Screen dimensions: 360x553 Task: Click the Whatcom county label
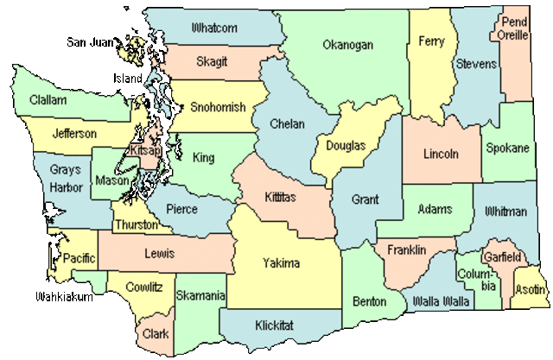[x=214, y=28]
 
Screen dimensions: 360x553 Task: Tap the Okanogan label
[x=347, y=45]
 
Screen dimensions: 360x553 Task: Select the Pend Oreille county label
[x=514, y=28]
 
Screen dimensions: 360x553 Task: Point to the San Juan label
[x=90, y=41]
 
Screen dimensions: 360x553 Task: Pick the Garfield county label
[x=502, y=257]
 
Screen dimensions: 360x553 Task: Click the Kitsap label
[x=143, y=150]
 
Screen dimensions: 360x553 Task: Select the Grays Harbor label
[x=66, y=179]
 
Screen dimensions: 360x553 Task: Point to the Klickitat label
[x=275, y=325]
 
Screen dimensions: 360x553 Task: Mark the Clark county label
[x=156, y=332]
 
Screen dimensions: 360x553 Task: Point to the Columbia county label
[x=477, y=279]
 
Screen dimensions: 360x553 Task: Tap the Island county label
[x=127, y=79]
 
